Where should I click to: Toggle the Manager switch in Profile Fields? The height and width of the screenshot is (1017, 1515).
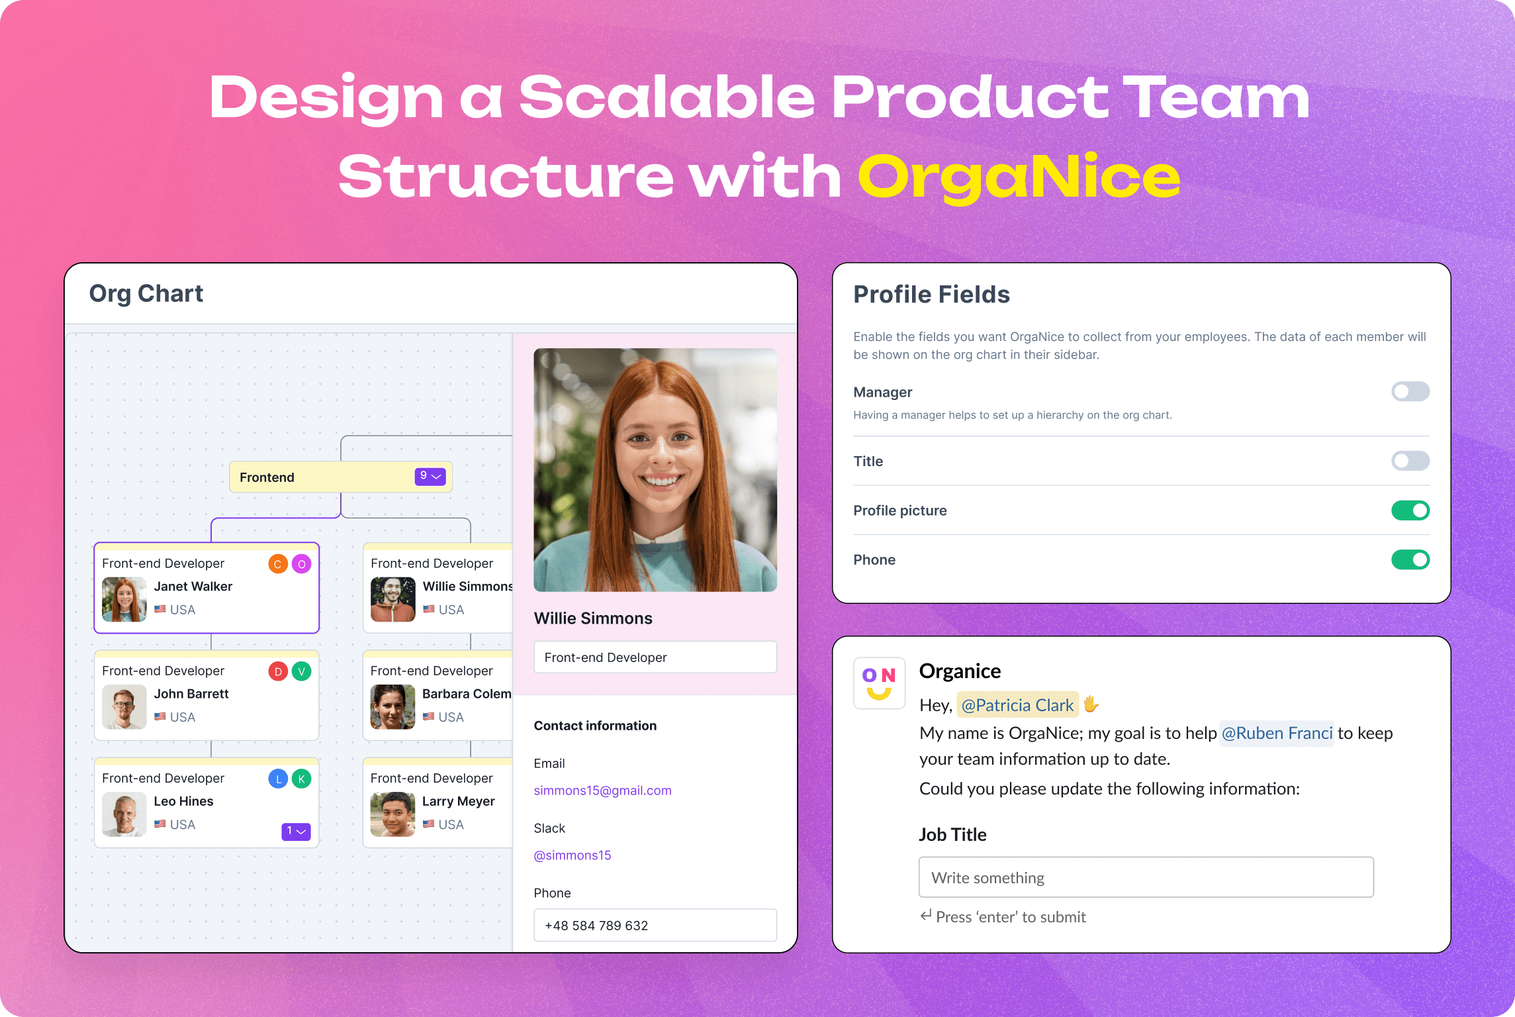pos(1410,392)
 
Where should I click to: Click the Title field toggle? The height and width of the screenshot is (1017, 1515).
pos(1410,461)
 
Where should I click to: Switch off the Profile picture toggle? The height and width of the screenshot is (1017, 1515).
pos(1410,510)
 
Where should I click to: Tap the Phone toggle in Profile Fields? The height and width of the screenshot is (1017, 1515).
pos(1410,560)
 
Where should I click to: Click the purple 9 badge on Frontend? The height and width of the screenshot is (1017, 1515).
pos(430,476)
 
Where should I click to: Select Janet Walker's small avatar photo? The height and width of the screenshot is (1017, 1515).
pos(124,599)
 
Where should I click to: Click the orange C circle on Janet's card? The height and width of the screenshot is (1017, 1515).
pos(278,564)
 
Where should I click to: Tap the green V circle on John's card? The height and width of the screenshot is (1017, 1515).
pos(302,671)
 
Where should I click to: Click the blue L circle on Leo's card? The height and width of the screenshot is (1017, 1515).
pos(278,779)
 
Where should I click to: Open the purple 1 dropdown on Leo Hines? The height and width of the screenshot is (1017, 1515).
pos(296,831)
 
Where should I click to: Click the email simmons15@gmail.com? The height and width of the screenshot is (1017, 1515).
pos(602,791)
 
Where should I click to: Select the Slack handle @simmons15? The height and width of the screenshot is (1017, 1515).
pos(573,855)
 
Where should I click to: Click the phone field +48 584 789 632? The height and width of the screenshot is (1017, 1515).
pos(655,925)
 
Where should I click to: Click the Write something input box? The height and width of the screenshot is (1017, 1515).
pos(1146,877)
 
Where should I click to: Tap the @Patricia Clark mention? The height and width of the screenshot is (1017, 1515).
pos(1017,705)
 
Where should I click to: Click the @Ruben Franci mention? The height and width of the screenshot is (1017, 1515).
pos(1276,734)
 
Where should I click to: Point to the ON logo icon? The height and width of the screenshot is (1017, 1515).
pos(879,683)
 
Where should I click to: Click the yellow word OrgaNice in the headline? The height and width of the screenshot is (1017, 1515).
pos(1019,177)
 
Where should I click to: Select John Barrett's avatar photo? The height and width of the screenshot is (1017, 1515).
pos(124,706)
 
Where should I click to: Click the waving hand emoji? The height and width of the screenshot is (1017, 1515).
pos(1091,704)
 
